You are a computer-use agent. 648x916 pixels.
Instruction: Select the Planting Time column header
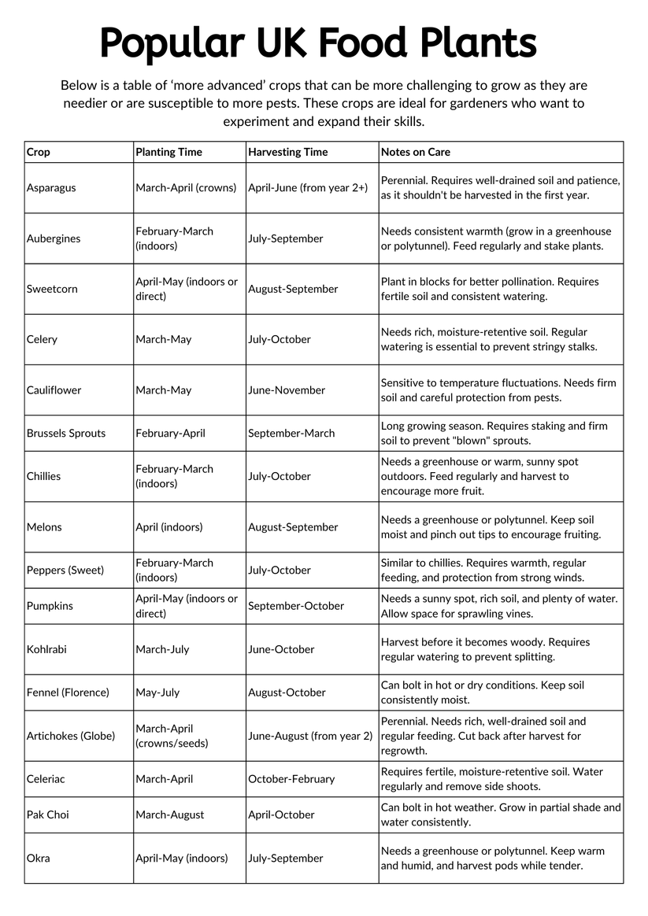(168, 152)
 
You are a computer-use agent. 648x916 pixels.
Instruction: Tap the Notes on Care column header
(415, 152)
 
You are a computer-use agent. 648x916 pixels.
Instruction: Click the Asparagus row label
(51, 188)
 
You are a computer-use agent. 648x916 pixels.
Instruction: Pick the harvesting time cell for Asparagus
(308, 188)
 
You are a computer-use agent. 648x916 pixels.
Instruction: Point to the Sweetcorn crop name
(52, 289)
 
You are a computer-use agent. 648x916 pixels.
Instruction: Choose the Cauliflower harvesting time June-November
(287, 390)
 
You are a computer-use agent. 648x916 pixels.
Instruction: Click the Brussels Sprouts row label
(66, 433)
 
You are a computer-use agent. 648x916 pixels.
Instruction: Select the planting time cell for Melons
(168, 527)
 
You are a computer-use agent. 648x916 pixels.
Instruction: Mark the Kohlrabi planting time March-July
(162, 649)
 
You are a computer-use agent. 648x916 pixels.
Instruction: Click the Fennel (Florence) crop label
(68, 693)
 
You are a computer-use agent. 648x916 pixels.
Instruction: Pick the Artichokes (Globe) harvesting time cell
(310, 736)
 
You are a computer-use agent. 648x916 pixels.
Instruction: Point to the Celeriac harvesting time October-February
(291, 779)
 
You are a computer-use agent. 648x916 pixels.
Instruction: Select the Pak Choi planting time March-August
(169, 814)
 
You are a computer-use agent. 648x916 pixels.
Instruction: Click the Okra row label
(38, 858)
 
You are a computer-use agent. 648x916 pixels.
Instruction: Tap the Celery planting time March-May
(163, 339)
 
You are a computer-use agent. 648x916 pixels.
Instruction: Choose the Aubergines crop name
(54, 238)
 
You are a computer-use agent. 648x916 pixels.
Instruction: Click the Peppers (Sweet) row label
(65, 570)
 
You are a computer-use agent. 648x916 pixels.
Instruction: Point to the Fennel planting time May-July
(157, 693)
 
